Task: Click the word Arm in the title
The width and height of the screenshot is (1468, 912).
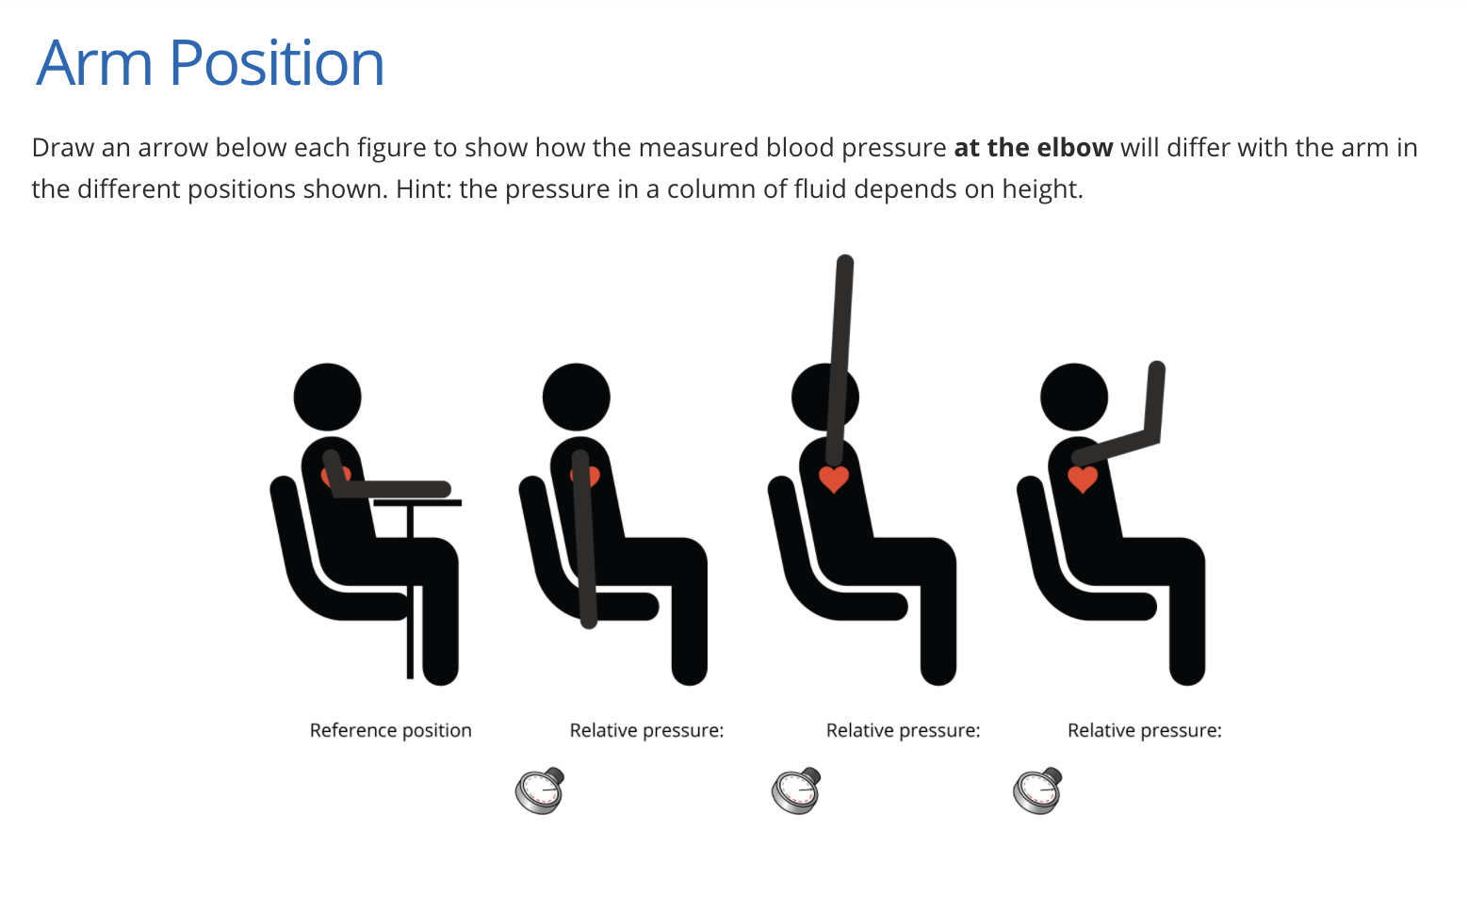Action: [93, 64]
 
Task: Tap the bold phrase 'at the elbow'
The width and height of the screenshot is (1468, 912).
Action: [1033, 148]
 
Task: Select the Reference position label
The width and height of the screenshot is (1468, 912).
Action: [390, 730]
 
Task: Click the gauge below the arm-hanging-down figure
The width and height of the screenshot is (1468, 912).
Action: [540, 791]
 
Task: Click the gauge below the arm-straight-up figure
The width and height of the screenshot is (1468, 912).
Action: [796, 791]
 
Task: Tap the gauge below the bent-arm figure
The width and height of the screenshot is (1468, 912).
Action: [1037, 791]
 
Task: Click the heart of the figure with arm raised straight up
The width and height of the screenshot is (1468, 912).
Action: [834, 479]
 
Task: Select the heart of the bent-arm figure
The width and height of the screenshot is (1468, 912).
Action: [1083, 479]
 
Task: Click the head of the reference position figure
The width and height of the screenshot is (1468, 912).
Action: [327, 397]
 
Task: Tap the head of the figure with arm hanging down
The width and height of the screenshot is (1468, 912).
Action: [576, 397]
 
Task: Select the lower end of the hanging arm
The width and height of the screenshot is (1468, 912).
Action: [588, 619]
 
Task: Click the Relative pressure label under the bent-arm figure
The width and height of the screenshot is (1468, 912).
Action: [1144, 730]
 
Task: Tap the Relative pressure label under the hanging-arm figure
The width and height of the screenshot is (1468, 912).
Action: [646, 730]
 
